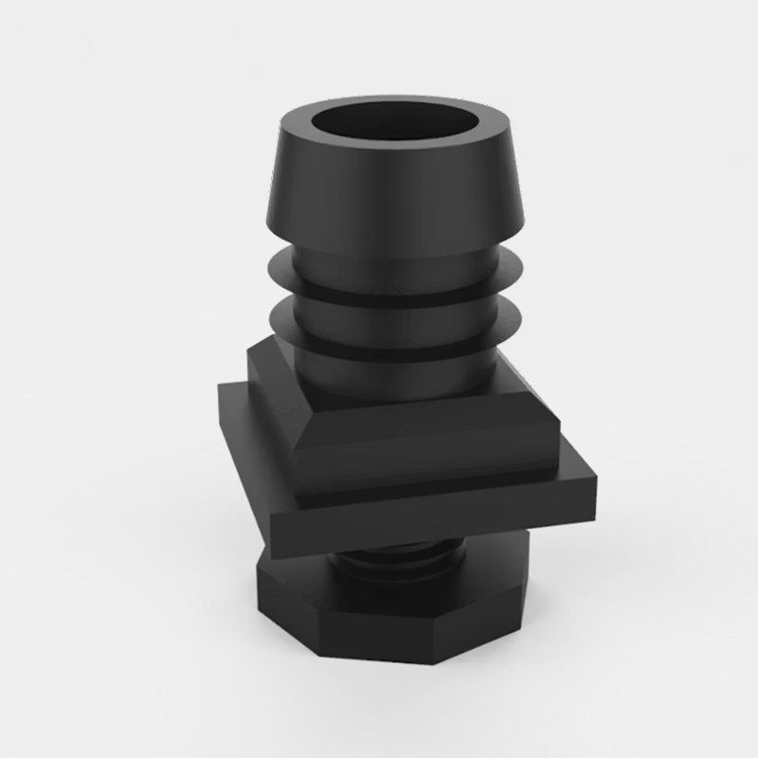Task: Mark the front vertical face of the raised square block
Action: point(426,460)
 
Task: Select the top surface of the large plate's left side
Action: point(248,417)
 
